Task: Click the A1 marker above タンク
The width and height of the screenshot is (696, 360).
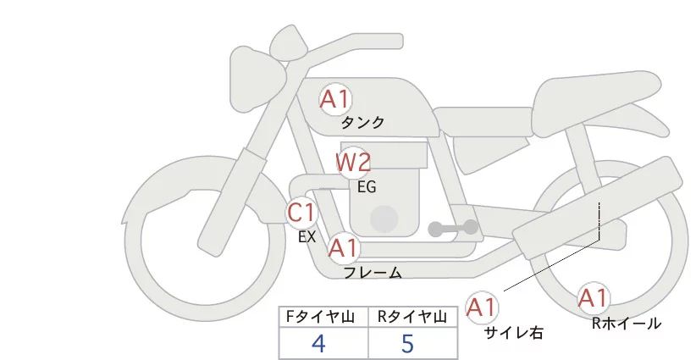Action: (x=334, y=100)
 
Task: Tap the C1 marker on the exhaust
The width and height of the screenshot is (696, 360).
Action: (x=301, y=212)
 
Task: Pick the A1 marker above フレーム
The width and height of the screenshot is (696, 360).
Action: (x=343, y=248)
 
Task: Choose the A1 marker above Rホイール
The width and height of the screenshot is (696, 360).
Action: (x=593, y=298)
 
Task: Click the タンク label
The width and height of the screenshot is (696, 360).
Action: (x=362, y=123)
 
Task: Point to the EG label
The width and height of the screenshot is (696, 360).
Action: (x=367, y=187)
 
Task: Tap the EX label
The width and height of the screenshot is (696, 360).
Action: (x=307, y=237)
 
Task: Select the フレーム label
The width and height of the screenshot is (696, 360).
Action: (x=373, y=273)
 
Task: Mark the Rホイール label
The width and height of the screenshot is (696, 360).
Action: (x=627, y=323)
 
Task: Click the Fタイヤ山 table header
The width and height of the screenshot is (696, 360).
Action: (x=323, y=317)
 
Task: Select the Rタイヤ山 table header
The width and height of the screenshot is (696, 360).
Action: (x=412, y=317)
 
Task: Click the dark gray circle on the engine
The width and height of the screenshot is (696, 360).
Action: (x=385, y=219)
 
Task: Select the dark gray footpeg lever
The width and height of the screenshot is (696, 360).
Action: (x=453, y=228)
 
